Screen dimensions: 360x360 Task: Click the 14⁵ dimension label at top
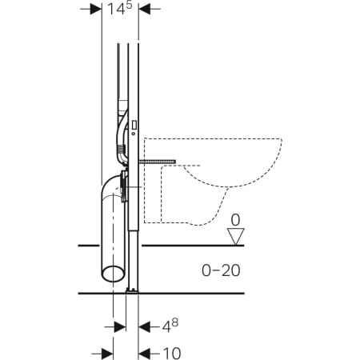point(121,10)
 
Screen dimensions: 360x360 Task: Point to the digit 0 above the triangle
point(235,218)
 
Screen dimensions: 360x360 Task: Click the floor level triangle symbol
point(235,235)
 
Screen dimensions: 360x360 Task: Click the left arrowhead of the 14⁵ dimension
point(97,10)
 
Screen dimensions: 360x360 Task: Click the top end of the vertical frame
point(130,46)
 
